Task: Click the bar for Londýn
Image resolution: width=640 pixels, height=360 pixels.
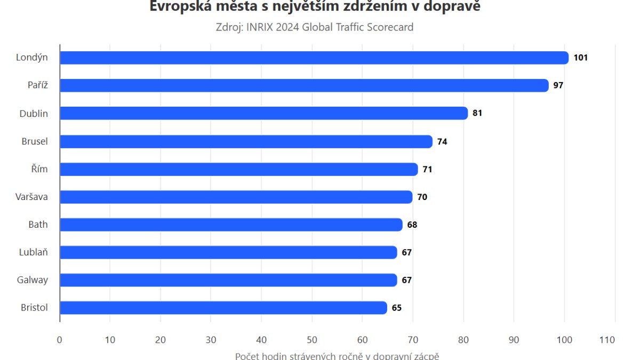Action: (x=314, y=58)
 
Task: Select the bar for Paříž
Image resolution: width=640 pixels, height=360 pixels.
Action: (x=304, y=85)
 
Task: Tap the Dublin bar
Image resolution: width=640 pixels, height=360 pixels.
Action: (x=263, y=113)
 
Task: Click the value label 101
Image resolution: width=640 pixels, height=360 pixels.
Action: (x=580, y=58)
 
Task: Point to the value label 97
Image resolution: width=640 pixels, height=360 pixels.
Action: (x=558, y=85)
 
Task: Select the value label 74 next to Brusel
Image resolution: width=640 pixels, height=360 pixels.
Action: (x=442, y=141)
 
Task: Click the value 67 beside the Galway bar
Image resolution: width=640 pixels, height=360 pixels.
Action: (x=406, y=280)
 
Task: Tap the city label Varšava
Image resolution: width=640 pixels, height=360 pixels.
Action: (x=31, y=197)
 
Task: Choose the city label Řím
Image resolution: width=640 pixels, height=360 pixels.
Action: (x=39, y=169)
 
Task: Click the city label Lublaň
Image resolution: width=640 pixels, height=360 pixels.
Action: (x=33, y=252)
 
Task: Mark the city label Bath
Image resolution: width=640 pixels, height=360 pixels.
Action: (x=38, y=225)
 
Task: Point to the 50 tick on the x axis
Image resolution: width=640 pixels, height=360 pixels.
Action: (x=312, y=340)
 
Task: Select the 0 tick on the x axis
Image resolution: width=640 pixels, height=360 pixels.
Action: (x=60, y=340)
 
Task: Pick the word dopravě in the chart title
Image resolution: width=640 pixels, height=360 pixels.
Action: (x=453, y=6)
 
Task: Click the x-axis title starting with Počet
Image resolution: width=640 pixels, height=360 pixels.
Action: (x=337, y=355)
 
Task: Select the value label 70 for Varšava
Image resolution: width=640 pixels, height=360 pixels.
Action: (x=422, y=197)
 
